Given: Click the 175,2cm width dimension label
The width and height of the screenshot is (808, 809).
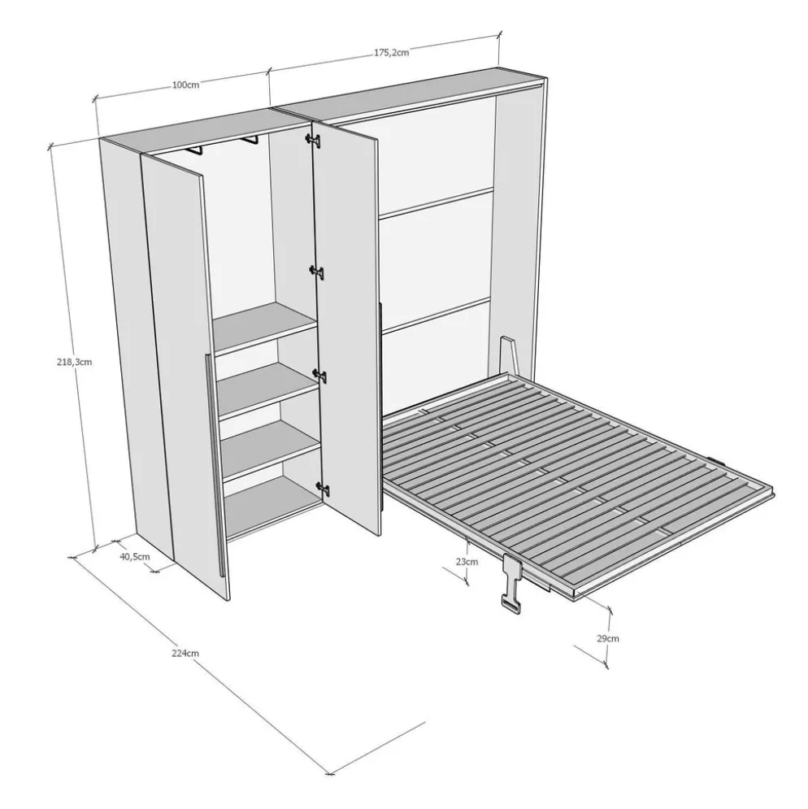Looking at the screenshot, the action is tap(392, 52).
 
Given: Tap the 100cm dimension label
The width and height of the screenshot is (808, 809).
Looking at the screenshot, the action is tap(186, 85).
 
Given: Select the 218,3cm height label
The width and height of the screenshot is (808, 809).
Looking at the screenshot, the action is tap(74, 362).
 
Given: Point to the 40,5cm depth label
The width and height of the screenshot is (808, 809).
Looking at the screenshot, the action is tap(135, 556).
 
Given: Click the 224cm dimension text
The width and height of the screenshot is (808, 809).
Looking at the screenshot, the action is tap(185, 653).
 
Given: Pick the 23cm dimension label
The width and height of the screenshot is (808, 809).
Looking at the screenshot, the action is tap(467, 561).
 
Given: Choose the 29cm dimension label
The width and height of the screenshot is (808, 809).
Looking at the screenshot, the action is tap(608, 638).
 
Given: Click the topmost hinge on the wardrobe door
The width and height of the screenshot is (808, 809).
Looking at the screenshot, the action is tap(313, 140).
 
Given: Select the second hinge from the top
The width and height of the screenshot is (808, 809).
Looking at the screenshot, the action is tap(317, 272).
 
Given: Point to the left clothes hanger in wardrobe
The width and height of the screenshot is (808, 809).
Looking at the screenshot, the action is tap(196, 150).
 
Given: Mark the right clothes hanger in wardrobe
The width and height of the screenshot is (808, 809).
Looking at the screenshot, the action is tap(250, 139).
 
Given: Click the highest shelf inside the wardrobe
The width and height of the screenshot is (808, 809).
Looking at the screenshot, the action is tap(264, 327).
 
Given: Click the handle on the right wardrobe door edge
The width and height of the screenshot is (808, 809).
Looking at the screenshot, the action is tap(380, 407).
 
